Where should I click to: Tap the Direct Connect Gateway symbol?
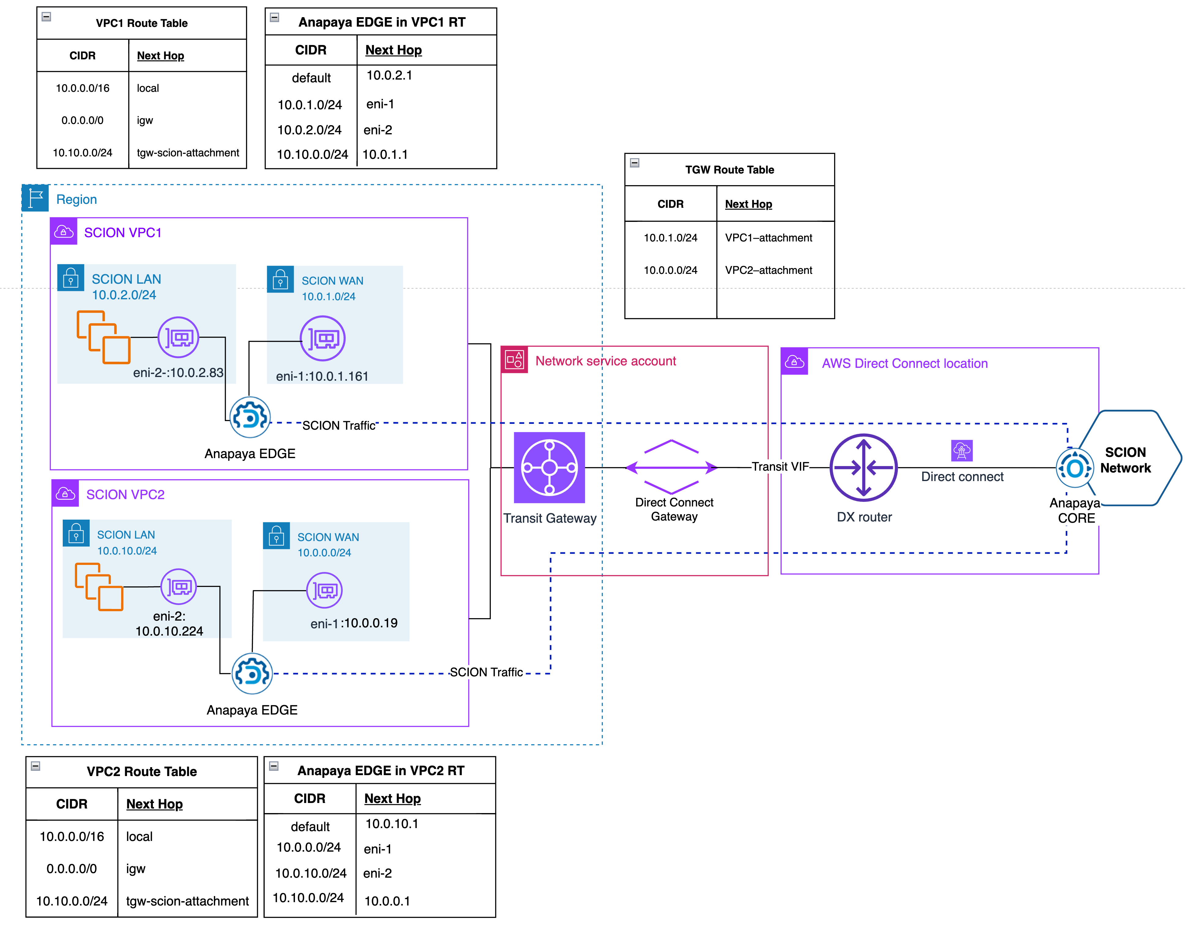672,467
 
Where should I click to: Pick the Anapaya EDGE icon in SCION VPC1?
250,417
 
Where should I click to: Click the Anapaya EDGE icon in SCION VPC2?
252,674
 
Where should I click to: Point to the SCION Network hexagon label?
1125,460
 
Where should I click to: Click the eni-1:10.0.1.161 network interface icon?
323,338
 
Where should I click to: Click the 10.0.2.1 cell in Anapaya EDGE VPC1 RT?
389,76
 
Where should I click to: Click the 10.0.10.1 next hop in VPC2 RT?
392,823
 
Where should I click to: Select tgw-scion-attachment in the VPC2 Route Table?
187,901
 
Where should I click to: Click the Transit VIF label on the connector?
780,467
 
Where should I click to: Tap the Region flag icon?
35,198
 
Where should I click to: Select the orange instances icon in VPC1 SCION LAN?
103,337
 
